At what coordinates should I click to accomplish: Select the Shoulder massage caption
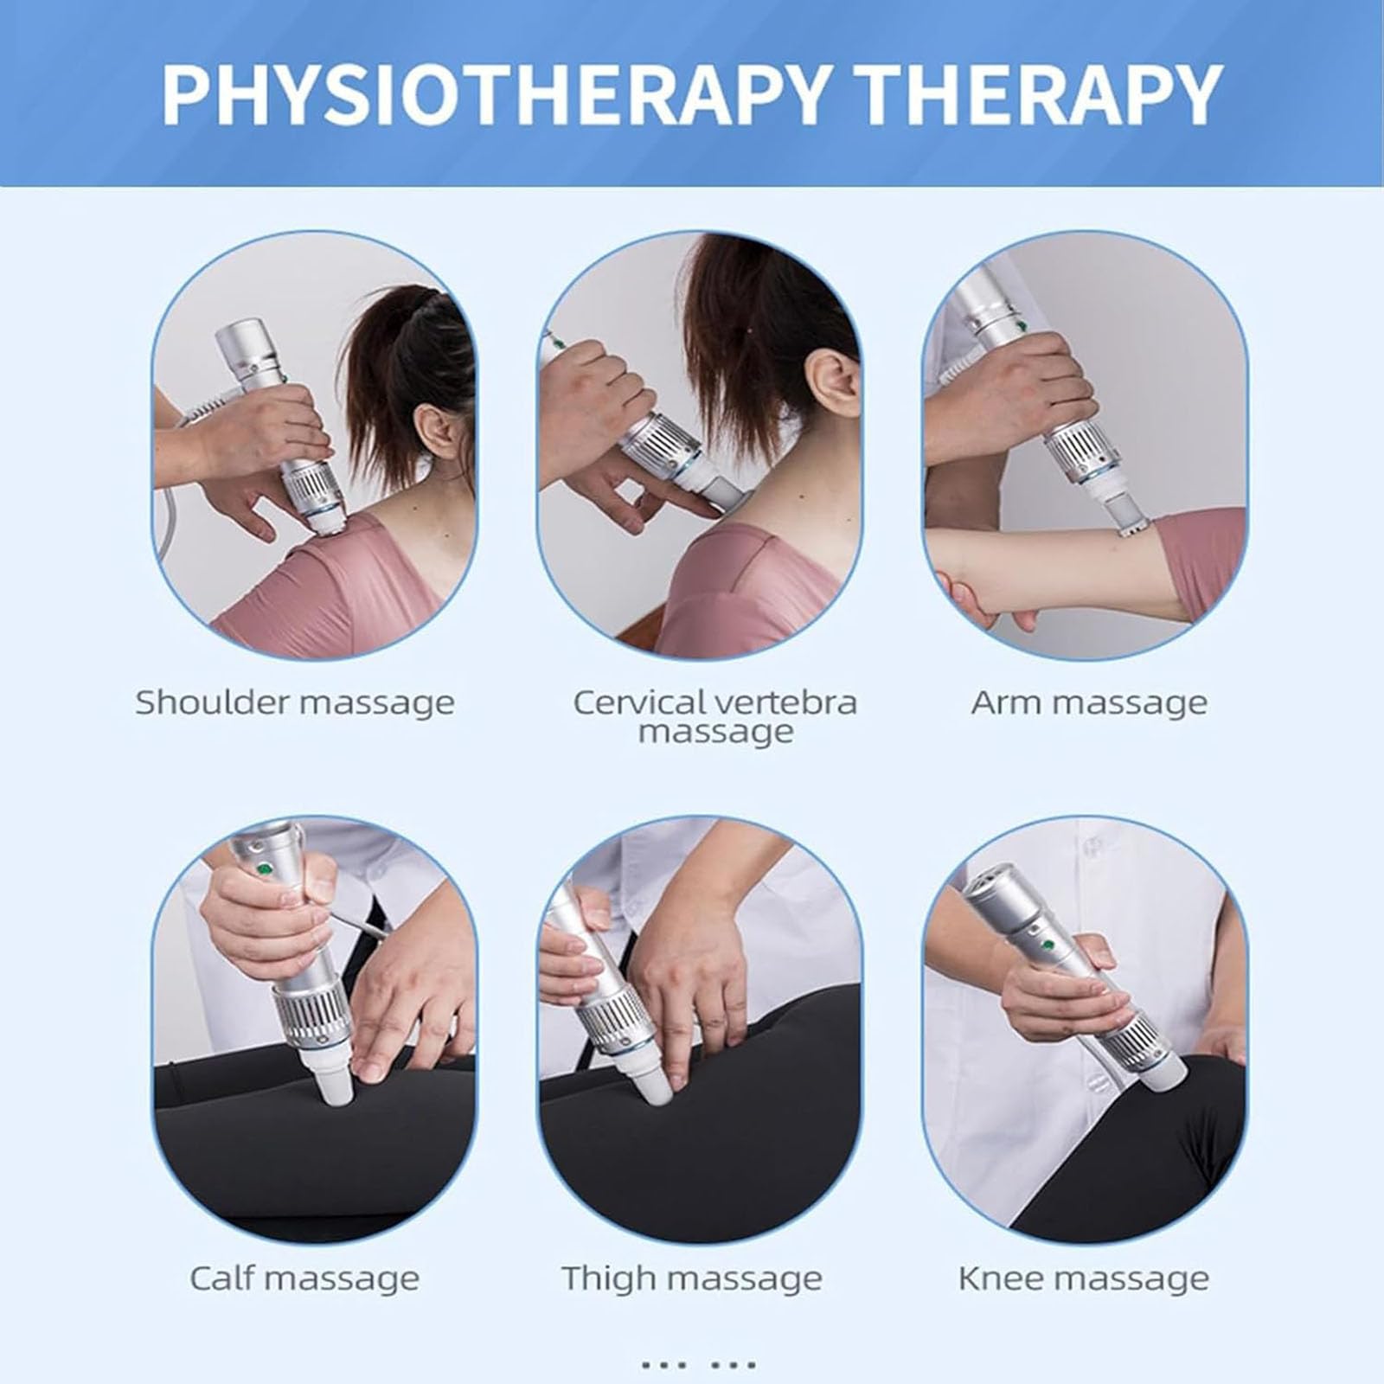tap(295, 702)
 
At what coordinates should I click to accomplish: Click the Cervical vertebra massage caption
tap(715, 716)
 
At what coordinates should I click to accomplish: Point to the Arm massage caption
tap(1089, 702)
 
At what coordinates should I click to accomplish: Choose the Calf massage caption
tap(304, 1278)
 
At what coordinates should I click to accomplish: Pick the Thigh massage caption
tap(692, 1278)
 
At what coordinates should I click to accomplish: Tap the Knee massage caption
tap(1084, 1278)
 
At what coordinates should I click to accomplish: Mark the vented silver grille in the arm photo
tap(1080, 450)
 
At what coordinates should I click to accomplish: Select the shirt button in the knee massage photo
tap(1092, 846)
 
